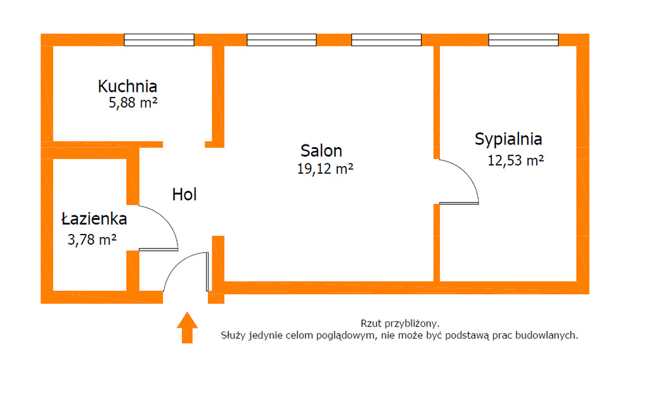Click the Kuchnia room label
[x=127, y=86]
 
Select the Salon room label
[x=321, y=151]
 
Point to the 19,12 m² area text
[x=324, y=169]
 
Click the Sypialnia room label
[x=508, y=139]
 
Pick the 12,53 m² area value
[x=516, y=160]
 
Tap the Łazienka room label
[x=94, y=219]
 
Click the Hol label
[x=184, y=195]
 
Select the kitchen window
[x=159, y=40]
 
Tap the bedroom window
[x=524, y=40]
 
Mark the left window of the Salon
[x=273, y=40]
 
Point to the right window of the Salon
[x=377, y=40]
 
